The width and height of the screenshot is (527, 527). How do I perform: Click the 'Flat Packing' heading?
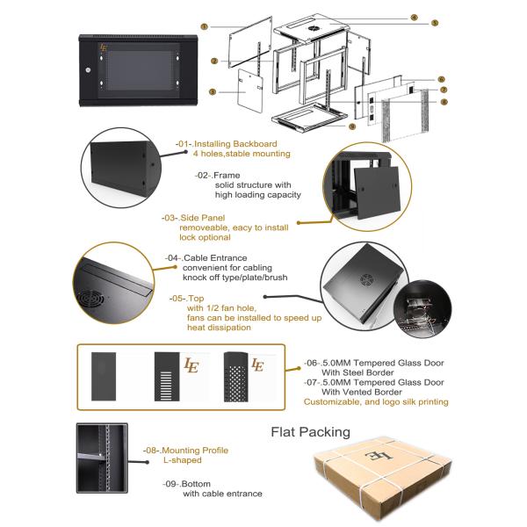click(x=309, y=431)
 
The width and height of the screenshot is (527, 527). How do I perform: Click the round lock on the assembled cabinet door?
click(x=88, y=69)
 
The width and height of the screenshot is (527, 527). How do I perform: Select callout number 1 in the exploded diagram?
click(x=204, y=27)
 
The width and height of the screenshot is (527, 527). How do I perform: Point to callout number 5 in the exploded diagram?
click(x=434, y=22)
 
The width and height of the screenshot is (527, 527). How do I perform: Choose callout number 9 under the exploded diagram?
click(x=351, y=126)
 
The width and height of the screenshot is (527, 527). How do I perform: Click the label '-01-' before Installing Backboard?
click(x=183, y=143)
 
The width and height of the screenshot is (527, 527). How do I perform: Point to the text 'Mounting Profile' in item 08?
click(x=199, y=450)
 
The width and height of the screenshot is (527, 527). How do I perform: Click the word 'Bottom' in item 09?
click(x=203, y=483)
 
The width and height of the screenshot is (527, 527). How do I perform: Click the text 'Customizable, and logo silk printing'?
click(x=376, y=401)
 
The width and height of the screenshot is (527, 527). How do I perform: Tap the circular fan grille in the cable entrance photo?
click(x=90, y=299)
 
